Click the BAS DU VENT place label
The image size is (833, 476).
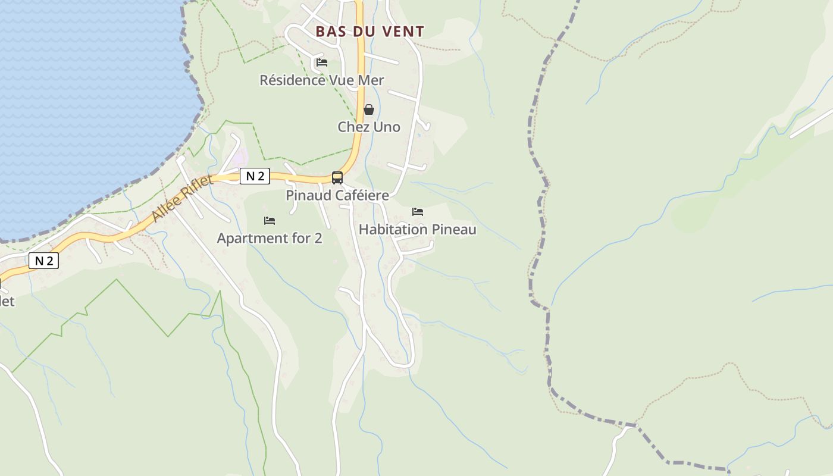[369, 32]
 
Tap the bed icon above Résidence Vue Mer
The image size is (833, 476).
[322, 62]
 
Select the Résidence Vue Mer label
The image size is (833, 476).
[322, 80]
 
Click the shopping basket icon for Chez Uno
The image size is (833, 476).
[369, 109]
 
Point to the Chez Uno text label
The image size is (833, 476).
[369, 127]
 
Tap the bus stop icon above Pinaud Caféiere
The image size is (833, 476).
[337, 177]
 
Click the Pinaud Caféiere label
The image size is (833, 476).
[337, 195]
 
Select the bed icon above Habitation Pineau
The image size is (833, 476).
[418, 212]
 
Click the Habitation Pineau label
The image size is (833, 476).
[418, 229]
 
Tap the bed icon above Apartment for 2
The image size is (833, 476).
[270, 221]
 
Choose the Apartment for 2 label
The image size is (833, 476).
[270, 238]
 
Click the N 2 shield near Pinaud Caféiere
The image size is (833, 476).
[255, 176]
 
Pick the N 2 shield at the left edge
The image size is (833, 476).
[44, 261]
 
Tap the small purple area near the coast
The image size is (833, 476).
[240, 158]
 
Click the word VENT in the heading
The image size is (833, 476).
[404, 32]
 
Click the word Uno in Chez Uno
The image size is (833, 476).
[386, 127]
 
